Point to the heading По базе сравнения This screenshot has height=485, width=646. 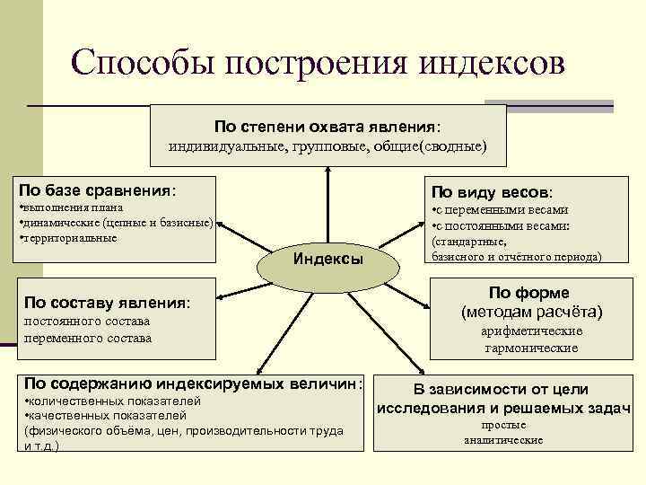(x=98, y=190)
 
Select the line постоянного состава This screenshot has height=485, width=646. (x=87, y=321)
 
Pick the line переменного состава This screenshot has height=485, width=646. (x=88, y=338)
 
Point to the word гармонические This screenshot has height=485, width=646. (x=531, y=348)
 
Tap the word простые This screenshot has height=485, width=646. (x=503, y=425)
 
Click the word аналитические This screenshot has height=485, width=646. (x=503, y=440)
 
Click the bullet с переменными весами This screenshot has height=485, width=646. (x=501, y=210)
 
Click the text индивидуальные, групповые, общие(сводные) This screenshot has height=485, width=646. (x=327, y=145)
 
